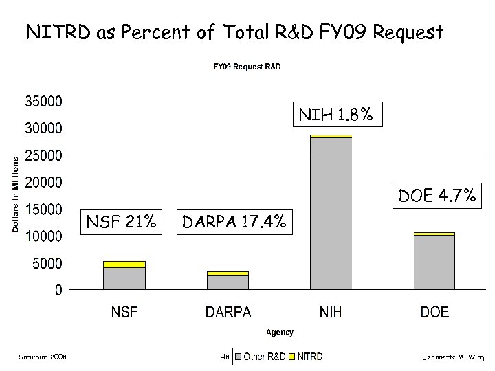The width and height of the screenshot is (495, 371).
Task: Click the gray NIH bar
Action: (x=331, y=213)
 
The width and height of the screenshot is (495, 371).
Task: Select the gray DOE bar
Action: (x=434, y=262)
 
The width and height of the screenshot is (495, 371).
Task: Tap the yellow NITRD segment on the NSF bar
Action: (x=124, y=264)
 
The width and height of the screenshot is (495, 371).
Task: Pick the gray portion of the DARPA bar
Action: (x=228, y=282)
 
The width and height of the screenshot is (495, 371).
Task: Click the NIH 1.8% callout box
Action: (x=336, y=115)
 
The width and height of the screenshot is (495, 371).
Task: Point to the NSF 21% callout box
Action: (x=121, y=222)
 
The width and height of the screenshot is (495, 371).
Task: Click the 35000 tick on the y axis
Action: (x=43, y=101)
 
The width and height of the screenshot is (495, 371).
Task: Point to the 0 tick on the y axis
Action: (x=58, y=290)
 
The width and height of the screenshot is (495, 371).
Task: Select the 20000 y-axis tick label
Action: (x=43, y=182)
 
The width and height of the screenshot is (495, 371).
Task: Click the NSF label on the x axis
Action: (x=124, y=313)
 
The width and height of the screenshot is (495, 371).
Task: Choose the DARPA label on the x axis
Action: (x=228, y=313)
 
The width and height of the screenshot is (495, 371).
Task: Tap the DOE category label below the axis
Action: (x=434, y=313)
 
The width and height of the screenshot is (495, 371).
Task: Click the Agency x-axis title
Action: (x=280, y=333)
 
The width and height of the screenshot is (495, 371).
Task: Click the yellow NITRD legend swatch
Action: (x=292, y=357)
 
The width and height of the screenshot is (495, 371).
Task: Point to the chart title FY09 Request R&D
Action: (x=246, y=67)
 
